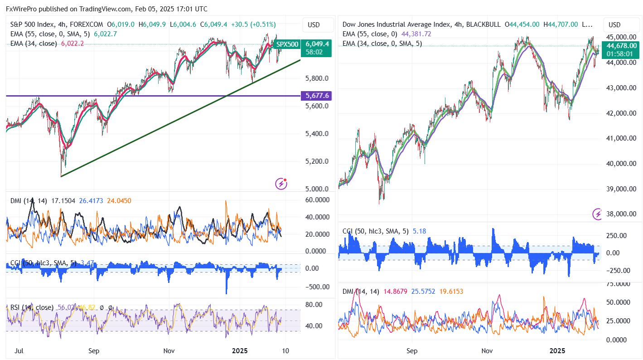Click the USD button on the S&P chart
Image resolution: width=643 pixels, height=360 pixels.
point(314,24)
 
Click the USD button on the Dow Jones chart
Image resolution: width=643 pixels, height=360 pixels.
point(614,24)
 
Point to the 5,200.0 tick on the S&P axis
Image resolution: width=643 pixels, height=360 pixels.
point(317,161)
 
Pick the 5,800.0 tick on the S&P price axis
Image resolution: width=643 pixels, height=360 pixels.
point(317,78)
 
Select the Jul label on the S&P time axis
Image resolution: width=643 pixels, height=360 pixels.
point(19,350)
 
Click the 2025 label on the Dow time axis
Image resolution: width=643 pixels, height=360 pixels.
point(557,350)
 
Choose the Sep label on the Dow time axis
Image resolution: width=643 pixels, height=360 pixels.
point(411,350)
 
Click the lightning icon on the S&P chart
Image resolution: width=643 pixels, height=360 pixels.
point(281,184)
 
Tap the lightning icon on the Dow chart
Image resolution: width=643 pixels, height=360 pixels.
point(598,214)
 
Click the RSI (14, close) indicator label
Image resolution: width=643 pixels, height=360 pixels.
point(32,307)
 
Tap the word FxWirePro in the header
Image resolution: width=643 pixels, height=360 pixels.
point(22,9)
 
